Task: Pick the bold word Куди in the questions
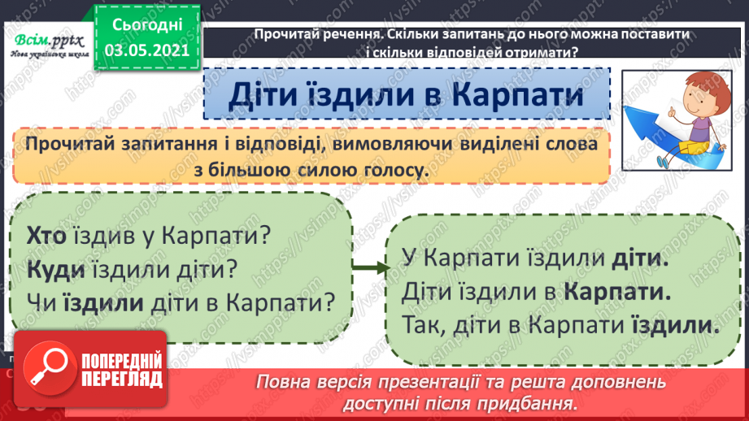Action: tap(48, 269)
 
